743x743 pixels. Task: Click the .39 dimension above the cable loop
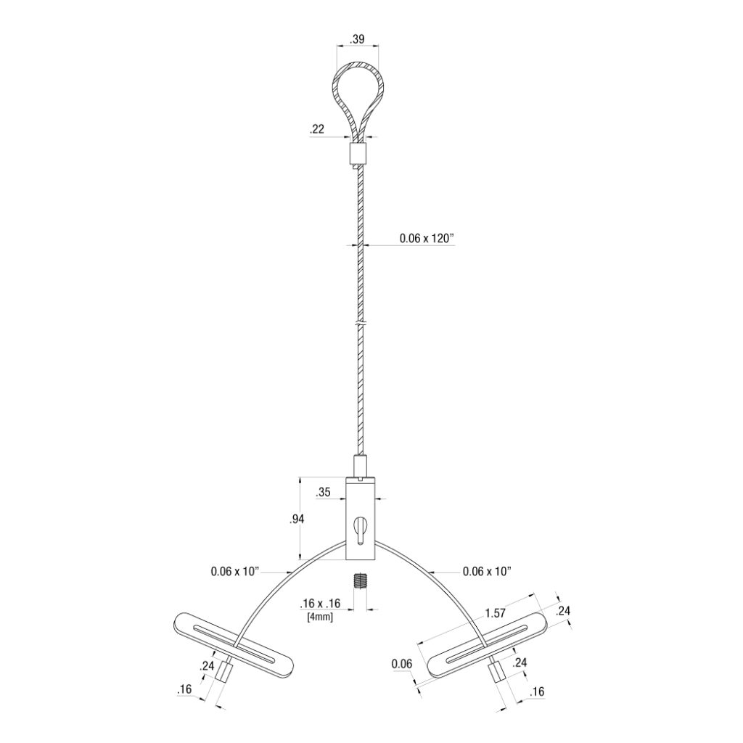click(357, 40)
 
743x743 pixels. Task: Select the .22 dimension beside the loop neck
click(316, 130)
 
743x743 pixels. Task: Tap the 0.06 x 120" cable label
click(427, 238)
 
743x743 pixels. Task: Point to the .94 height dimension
click(296, 518)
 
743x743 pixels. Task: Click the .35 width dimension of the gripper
click(324, 493)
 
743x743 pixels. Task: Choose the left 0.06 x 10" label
click(235, 571)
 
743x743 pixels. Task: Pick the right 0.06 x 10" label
click(488, 571)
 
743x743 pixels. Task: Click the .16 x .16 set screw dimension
click(320, 604)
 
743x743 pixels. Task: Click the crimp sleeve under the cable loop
click(358, 153)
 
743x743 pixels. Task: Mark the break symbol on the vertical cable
click(360, 323)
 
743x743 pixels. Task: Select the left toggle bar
click(234, 644)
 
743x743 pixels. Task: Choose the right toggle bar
click(488, 644)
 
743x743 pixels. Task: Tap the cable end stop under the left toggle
click(225, 677)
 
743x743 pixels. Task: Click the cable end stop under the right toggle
click(498, 677)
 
